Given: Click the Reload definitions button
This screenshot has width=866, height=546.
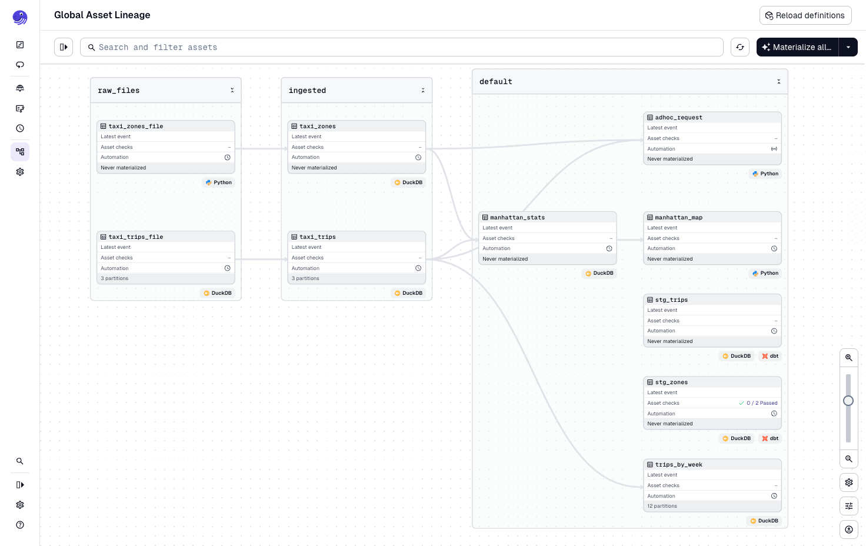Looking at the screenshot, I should click(x=805, y=15).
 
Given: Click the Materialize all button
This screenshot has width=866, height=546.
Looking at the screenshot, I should click(x=797, y=47).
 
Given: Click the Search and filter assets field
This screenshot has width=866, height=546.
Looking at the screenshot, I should click(x=401, y=47).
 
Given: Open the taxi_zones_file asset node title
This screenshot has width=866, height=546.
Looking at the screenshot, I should click(x=136, y=126).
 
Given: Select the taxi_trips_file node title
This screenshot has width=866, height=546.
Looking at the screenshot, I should click(x=136, y=237).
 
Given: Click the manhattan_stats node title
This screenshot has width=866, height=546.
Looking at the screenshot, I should click(x=517, y=217).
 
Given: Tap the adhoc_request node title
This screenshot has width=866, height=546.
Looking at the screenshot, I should click(x=678, y=117).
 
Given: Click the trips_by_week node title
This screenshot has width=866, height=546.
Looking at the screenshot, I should click(x=678, y=464).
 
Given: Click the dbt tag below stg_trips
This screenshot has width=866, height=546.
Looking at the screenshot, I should click(x=770, y=356).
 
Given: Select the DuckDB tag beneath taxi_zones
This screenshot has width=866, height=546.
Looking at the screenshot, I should click(x=408, y=182).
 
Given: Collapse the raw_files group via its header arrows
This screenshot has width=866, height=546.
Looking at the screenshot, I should click(x=232, y=90).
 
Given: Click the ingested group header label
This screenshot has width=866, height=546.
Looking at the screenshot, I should click(x=307, y=90).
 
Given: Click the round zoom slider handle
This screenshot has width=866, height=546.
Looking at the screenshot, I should click(x=848, y=401).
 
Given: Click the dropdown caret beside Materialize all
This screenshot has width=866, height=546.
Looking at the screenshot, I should click(x=848, y=47).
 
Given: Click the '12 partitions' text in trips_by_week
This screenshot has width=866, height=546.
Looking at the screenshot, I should click(x=662, y=506).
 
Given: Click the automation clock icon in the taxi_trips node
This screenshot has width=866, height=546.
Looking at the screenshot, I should click(x=418, y=268).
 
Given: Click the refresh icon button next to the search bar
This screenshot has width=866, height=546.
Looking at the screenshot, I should click(x=740, y=47).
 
